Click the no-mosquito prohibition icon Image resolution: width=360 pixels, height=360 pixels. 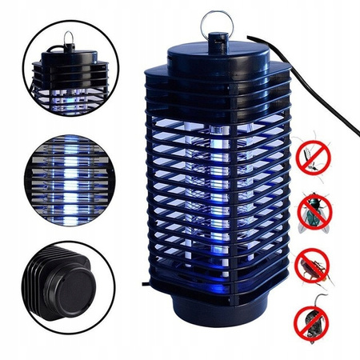(x=314, y=159)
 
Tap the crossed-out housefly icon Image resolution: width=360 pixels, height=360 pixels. (x=315, y=214)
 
